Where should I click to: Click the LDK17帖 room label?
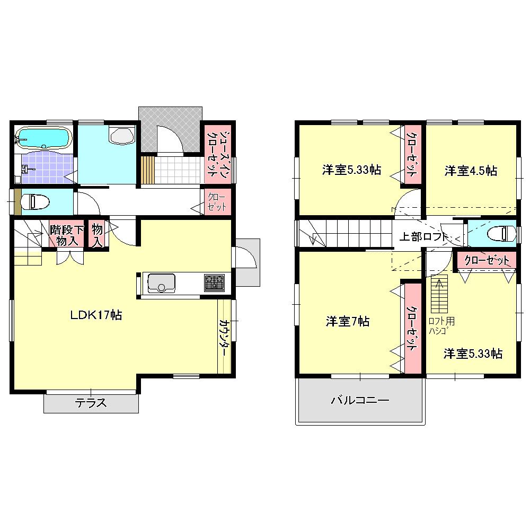pyautogui.click(x=97, y=315)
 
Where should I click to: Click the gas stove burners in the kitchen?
pyautogui.click(x=215, y=282)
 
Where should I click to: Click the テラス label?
pyautogui.click(x=91, y=403)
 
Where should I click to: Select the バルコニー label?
pyautogui.click(x=360, y=400)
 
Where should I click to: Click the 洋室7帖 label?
pyautogui.click(x=348, y=321)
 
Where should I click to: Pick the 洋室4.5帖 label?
pyautogui.click(x=471, y=171)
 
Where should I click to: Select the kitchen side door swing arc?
pyautogui.click(x=245, y=262)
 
